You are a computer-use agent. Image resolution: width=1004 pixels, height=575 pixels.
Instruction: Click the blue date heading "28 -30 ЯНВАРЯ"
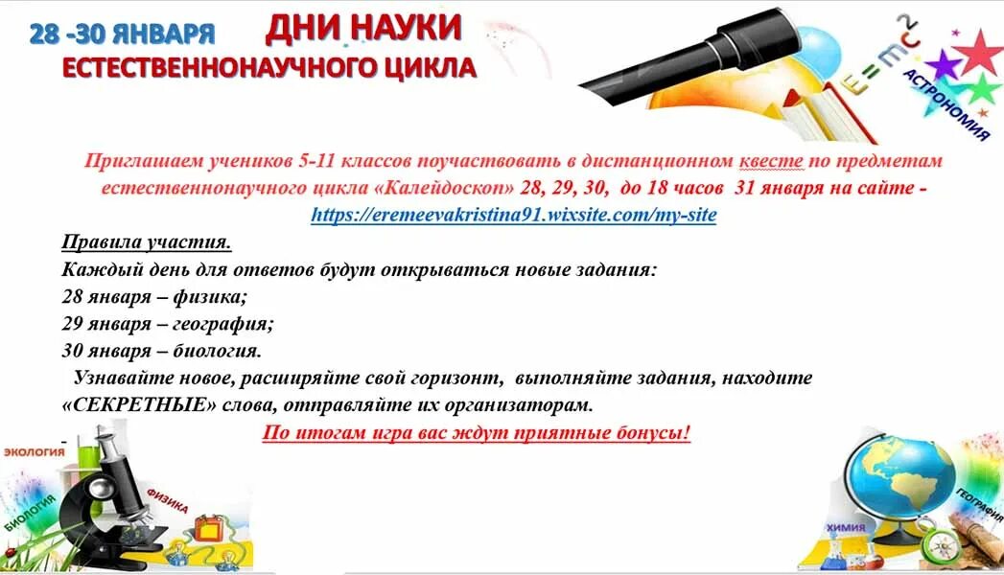[x=122, y=34]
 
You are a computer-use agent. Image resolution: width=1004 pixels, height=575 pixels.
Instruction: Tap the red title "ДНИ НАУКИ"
[x=363, y=30]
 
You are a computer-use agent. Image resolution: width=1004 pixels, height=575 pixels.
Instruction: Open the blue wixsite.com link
[x=513, y=215]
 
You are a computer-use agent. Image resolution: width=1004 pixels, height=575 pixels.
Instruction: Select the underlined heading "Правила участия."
[x=147, y=242]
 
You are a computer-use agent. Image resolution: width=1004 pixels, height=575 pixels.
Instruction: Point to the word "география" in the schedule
[x=223, y=323]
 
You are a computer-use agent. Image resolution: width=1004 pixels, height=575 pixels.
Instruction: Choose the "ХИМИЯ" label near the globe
[x=846, y=527]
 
